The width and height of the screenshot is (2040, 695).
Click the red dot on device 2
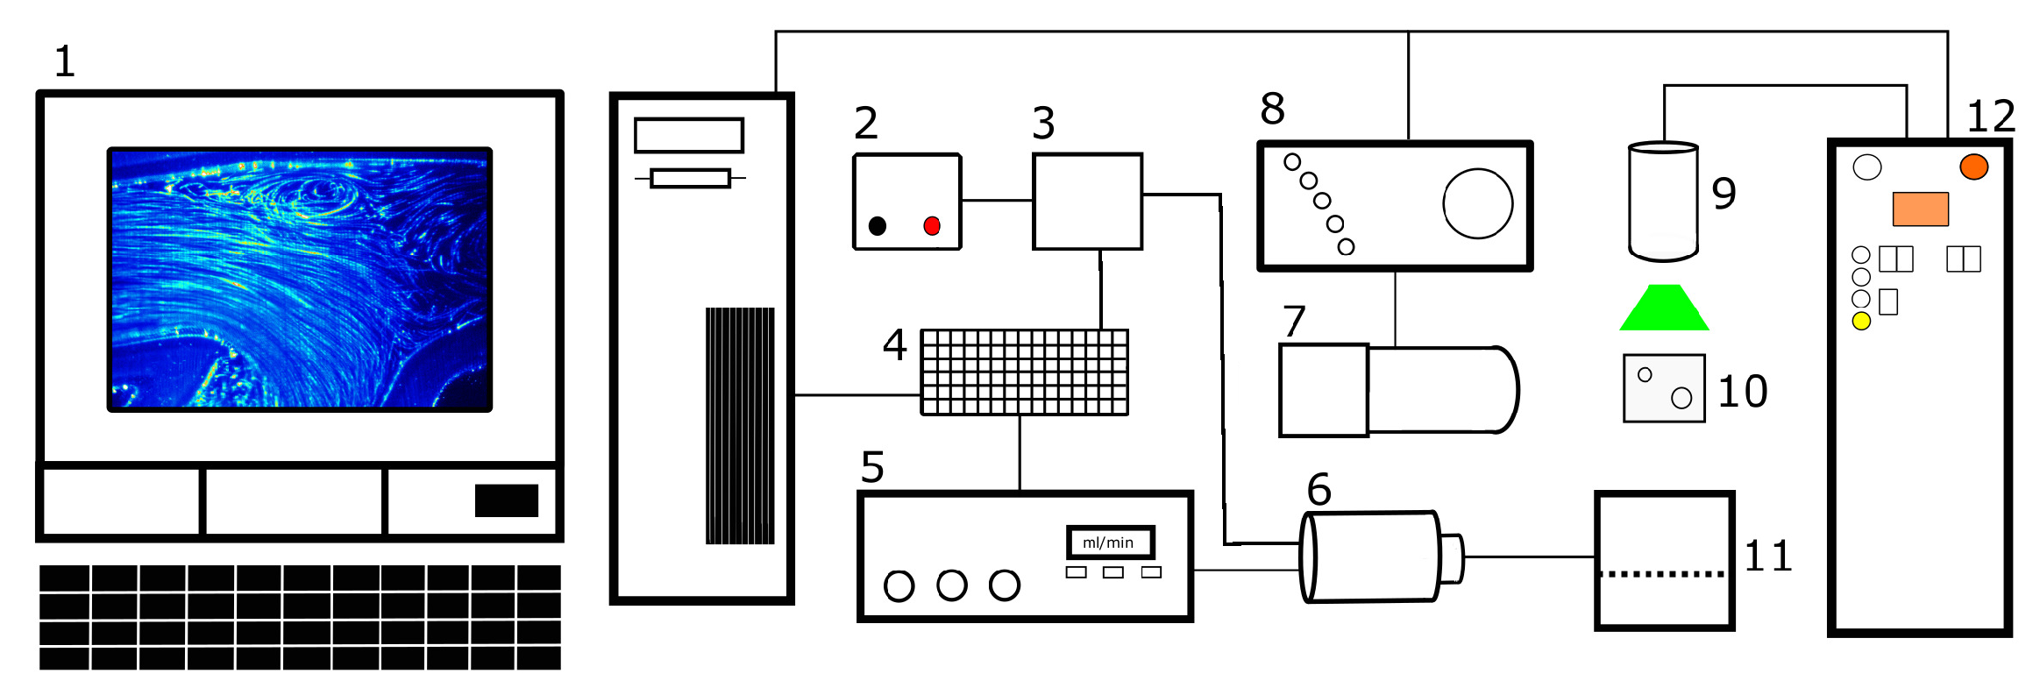932,226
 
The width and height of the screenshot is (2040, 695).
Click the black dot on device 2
878,226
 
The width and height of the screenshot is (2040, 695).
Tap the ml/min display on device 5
1109,543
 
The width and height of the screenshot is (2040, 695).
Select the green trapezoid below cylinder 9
1664,308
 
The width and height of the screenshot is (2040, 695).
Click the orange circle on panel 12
1974,167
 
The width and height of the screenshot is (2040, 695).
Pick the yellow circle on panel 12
1861,322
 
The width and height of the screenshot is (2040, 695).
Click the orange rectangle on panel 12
1921,209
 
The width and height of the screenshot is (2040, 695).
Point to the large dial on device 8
1478,203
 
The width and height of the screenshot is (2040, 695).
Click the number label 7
1294,322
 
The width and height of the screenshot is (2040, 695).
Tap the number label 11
1768,557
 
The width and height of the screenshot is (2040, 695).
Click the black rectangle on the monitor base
507,500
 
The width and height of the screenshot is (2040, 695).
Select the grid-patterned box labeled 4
1024,372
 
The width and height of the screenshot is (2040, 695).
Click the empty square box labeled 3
1088,202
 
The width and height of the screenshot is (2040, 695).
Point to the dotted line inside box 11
1663,574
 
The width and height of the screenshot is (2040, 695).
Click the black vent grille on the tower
740,426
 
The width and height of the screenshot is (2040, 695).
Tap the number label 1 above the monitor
65,62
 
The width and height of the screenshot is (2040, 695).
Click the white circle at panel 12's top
1867,167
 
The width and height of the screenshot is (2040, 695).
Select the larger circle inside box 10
1681,399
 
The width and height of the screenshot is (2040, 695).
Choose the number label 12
1991,117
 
